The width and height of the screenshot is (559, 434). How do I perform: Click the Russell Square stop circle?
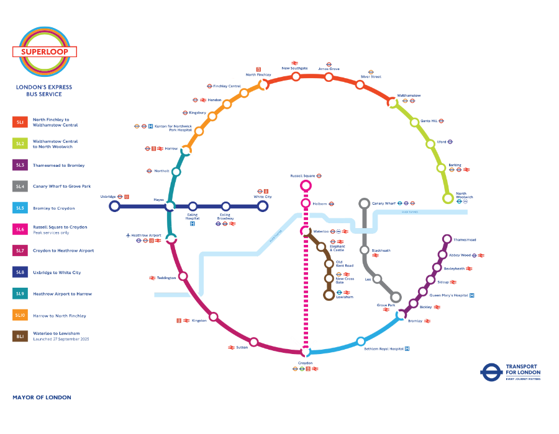(x=306, y=185)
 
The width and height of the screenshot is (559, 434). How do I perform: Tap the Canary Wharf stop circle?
(x=365, y=203)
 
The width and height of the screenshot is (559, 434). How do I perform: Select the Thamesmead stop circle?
(x=447, y=239)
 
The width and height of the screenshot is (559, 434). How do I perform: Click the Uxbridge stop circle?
(x=114, y=206)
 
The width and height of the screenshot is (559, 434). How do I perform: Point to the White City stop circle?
(x=263, y=206)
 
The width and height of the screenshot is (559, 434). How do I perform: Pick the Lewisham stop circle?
(x=329, y=295)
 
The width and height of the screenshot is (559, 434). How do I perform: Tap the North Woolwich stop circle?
(x=447, y=198)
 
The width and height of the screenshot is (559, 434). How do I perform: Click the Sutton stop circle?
(x=253, y=342)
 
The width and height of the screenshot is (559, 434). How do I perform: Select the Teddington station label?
(x=166, y=278)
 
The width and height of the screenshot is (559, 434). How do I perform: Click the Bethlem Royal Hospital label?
(x=383, y=348)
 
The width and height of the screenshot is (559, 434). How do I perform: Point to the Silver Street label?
(x=371, y=77)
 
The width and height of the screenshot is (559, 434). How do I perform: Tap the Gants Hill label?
(x=429, y=121)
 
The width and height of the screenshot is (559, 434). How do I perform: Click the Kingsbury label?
(x=198, y=113)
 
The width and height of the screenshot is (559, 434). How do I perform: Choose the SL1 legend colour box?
(x=20, y=122)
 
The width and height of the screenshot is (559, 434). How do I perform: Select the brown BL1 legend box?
(x=20, y=336)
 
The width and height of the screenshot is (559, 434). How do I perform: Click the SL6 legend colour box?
(x=20, y=229)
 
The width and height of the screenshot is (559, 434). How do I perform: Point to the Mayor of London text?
(x=42, y=397)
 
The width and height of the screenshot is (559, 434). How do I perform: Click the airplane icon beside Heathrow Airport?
(x=128, y=236)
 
